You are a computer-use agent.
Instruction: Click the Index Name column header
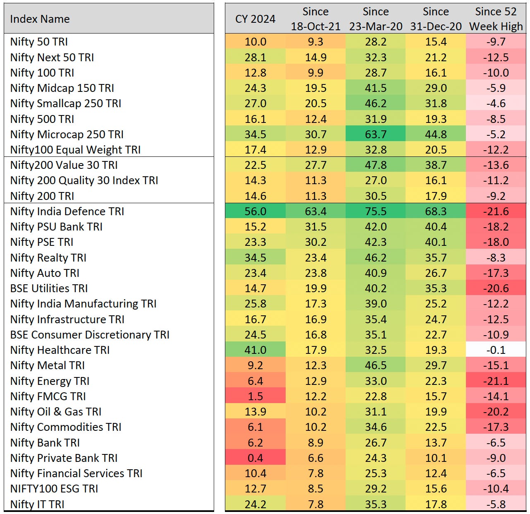click(x=40, y=19)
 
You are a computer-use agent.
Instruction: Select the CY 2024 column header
click(x=255, y=19)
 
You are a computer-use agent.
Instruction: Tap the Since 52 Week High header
click(x=496, y=19)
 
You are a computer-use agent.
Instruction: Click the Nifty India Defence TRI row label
click(x=67, y=211)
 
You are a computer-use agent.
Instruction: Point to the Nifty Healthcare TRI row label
click(x=60, y=350)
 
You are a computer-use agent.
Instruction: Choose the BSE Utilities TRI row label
click(x=49, y=288)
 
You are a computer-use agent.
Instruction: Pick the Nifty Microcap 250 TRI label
click(x=67, y=134)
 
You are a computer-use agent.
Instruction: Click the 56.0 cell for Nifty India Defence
click(x=255, y=211)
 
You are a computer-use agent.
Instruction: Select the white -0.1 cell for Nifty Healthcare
click(x=496, y=350)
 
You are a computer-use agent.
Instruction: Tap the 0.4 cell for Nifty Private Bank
click(x=255, y=458)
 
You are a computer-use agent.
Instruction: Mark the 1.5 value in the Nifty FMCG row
click(x=255, y=396)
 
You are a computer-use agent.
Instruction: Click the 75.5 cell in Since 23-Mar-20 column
click(x=375, y=211)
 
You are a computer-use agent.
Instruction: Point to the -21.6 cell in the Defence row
click(x=496, y=211)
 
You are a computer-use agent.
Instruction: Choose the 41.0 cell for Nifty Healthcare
click(x=255, y=350)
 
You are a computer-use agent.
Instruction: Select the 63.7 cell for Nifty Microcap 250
click(x=375, y=134)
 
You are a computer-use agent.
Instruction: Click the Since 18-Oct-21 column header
click(x=316, y=19)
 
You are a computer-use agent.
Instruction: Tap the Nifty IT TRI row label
click(x=37, y=504)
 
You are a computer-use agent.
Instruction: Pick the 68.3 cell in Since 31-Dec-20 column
click(x=436, y=211)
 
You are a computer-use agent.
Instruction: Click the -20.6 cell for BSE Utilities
click(x=496, y=288)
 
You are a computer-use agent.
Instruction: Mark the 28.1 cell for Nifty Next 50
click(x=255, y=57)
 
